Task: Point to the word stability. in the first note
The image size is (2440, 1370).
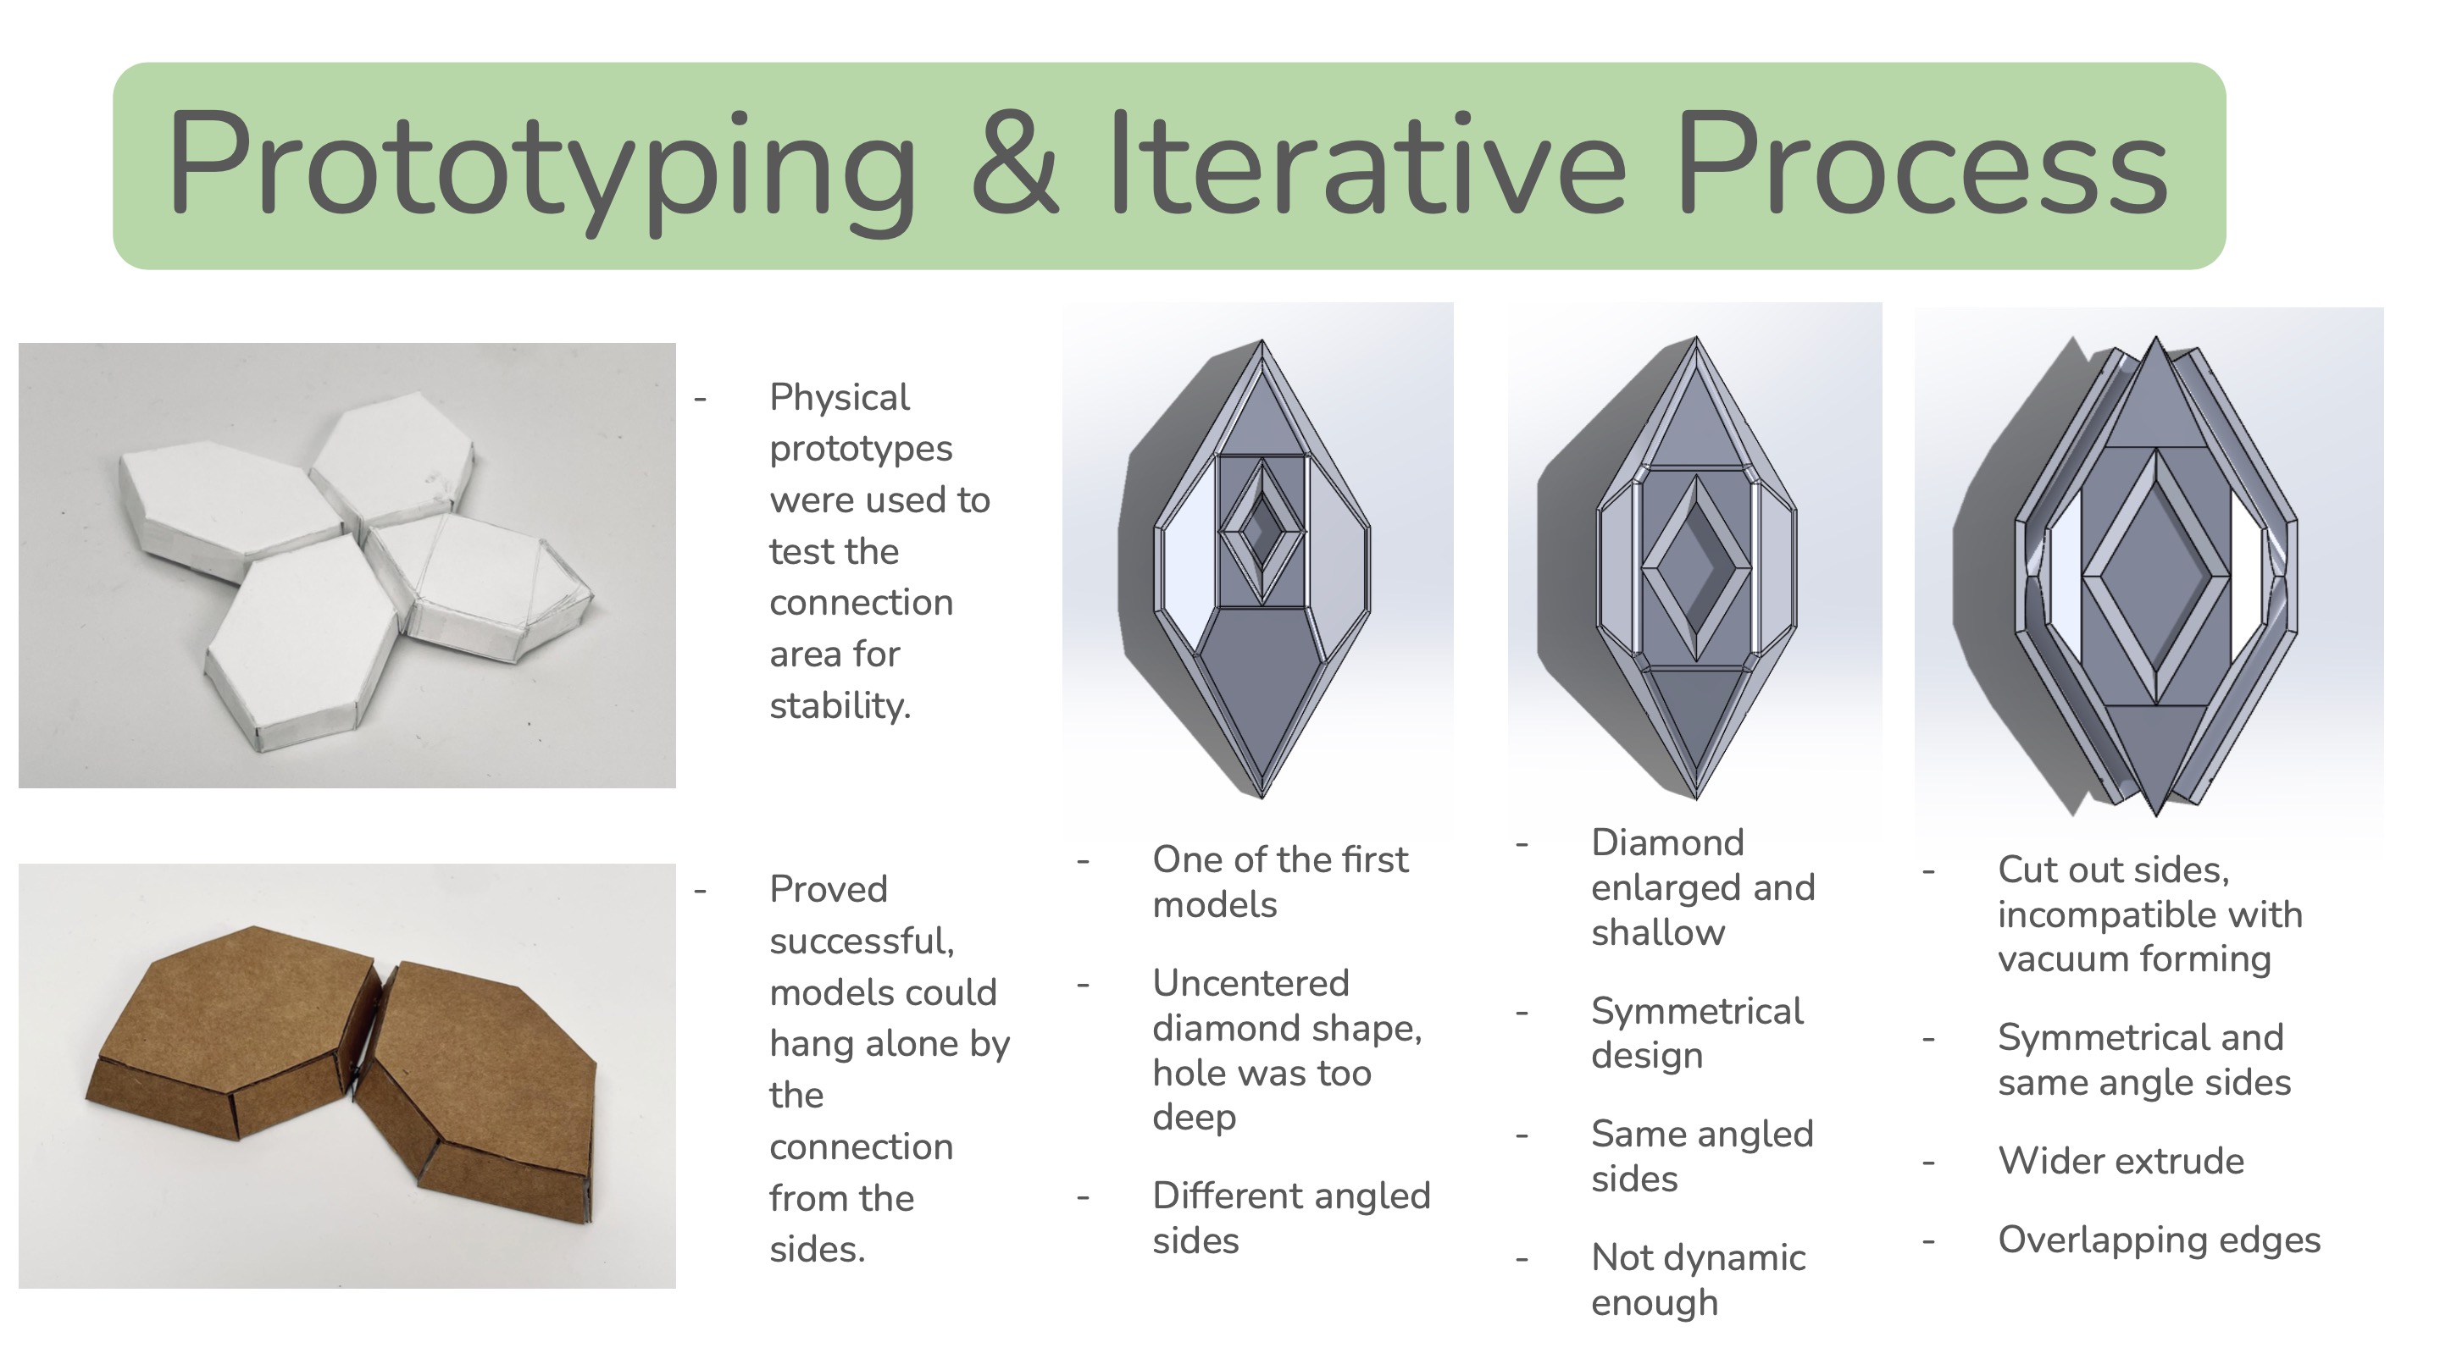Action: tap(840, 705)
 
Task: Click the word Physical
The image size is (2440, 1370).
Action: tap(840, 398)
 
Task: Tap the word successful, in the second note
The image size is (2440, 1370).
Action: tap(861, 941)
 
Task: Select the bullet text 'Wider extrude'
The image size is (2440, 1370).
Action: tap(2121, 1161)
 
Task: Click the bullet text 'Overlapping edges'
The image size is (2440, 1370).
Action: tap(2160, 1240)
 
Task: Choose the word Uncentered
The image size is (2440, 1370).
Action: tap(1250, 983)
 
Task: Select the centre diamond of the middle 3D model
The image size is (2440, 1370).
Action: tap(1694, 568)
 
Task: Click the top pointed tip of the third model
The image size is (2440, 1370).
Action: tap(2156, 337)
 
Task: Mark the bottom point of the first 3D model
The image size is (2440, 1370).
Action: tap(1262, 796)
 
